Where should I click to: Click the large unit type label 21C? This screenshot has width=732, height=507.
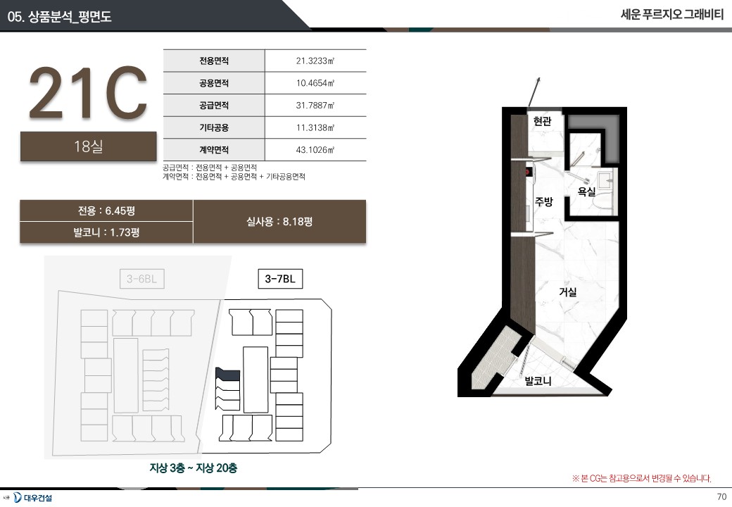88,93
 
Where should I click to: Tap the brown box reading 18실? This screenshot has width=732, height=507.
88,146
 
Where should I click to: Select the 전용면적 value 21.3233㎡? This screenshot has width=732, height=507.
315,61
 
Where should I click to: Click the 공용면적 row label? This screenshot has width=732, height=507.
214,83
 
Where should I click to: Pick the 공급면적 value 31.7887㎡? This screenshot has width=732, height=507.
315,106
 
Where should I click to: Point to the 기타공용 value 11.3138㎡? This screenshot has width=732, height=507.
315,127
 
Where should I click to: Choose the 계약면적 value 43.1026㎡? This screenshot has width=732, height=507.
315,150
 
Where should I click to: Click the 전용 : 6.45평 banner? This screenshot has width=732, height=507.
106,211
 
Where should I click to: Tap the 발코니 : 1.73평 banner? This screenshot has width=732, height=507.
106,232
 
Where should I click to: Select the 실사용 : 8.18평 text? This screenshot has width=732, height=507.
279,222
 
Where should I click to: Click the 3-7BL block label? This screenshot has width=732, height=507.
280,279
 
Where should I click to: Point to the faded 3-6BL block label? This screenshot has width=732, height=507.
142,279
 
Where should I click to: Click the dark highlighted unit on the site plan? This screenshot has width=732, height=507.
228,374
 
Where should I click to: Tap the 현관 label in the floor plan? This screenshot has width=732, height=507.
543,121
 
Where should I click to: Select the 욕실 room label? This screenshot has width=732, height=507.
586,192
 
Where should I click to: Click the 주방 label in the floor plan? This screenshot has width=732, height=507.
544,201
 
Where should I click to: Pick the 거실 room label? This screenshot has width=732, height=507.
568,292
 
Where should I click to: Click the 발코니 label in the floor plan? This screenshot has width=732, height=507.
538,381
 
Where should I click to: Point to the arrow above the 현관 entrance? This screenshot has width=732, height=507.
534,92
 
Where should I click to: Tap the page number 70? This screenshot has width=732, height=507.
721,496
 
